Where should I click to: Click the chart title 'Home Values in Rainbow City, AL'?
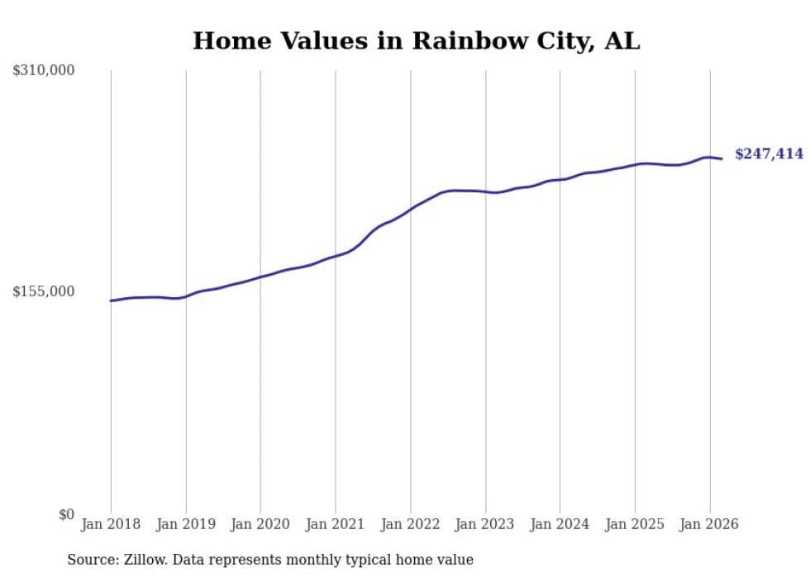point(416,40)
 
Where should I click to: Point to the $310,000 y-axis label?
point(44,71)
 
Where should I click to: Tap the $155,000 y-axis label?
point(44,291)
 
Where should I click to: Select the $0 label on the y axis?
point(66,514)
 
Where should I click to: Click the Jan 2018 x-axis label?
point(111,524)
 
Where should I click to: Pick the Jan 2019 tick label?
point(186,524)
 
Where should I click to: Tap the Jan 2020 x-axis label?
point(260,524)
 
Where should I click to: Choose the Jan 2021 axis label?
point(336,524)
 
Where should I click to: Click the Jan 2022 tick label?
point(410,524)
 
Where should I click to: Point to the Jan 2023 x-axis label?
point(485,524)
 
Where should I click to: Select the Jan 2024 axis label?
point(560,524)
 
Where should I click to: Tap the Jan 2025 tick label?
point(635,524)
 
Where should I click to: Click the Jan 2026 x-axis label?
point(709,524)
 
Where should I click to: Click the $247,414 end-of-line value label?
point(769,154)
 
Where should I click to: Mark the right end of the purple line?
point(722,158)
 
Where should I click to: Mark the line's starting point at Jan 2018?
point(111,300)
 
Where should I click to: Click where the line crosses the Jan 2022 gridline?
point(410,210)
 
